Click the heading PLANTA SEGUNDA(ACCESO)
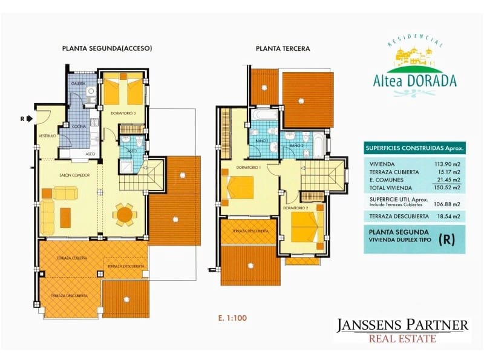point(106,48)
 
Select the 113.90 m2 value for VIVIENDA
point(446,164)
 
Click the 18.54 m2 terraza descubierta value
point(447,216)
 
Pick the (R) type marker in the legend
point(447,238)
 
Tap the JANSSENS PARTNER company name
point(402,325)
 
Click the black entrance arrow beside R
point(30,119)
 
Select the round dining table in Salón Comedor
point(125,213)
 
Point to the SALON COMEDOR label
point(76,175)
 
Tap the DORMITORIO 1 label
point(248,167)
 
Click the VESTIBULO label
point(47,136)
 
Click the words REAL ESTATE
point(402,339)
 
